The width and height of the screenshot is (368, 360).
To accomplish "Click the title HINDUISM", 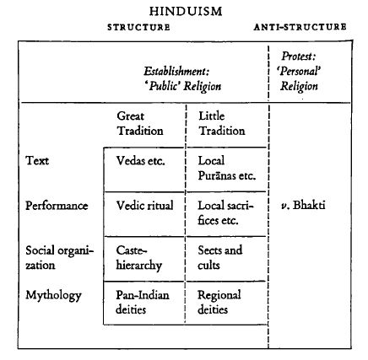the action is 186,11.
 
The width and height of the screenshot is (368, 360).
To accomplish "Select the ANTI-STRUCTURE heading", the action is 300,27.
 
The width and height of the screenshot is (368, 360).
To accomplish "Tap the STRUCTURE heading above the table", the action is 138,27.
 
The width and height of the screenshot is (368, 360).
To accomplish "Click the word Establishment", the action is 176,72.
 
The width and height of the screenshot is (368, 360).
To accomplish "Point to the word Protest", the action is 299,56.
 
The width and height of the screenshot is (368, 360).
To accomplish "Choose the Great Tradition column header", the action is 140,123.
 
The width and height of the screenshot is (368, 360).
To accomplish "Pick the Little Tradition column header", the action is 221,123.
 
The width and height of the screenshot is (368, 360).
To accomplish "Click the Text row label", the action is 37,161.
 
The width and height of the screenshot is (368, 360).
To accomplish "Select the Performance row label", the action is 57,206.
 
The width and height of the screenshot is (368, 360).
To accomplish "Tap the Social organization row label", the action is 59,258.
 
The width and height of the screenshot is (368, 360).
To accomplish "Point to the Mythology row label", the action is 53,296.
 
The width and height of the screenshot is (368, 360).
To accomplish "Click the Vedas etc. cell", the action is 140,161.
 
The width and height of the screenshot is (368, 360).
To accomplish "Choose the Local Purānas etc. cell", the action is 227,168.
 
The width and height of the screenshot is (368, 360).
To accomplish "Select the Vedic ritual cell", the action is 144,206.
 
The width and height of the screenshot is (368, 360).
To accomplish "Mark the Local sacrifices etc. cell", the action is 225,212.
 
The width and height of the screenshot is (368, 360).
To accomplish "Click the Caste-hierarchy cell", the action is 139,258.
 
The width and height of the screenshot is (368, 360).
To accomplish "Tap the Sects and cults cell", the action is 219,258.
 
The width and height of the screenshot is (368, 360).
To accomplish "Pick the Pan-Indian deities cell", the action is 143,302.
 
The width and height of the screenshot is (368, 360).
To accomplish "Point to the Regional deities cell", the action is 219,303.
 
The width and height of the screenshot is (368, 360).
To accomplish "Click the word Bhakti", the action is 309,205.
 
